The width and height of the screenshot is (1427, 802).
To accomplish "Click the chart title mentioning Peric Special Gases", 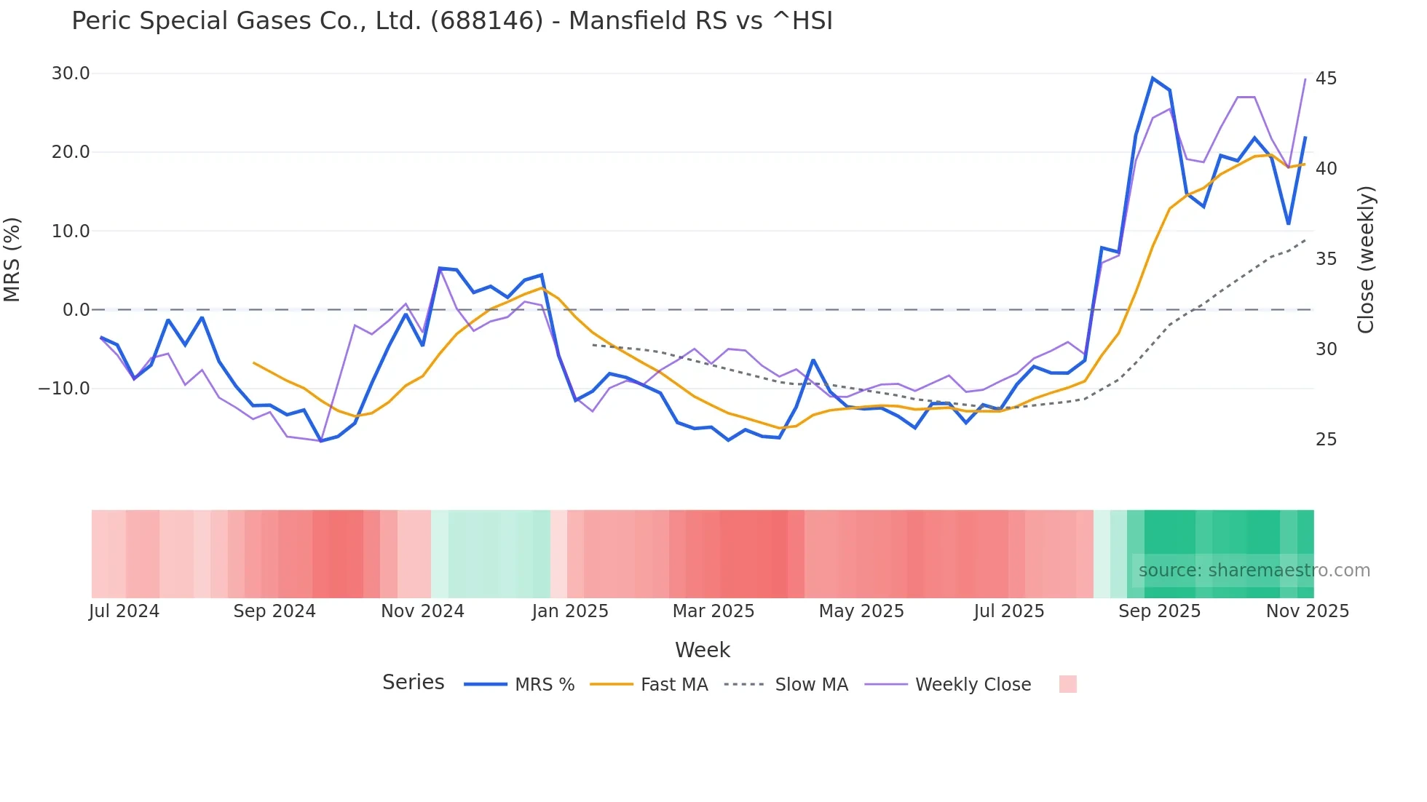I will point(451,21).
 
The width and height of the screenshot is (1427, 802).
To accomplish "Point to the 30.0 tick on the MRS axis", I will point(71,74).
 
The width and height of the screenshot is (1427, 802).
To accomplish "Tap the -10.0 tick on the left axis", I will point(64,389).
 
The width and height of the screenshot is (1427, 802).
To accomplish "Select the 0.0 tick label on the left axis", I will point(76,310).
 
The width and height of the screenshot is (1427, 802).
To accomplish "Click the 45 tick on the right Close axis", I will point(1326,79).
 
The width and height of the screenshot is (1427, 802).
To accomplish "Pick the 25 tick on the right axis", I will point(1326,440).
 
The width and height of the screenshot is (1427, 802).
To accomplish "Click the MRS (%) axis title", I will point(12,260).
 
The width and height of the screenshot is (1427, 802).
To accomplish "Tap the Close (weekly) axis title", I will point(1366,260).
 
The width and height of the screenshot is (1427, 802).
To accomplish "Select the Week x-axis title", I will point(702,650).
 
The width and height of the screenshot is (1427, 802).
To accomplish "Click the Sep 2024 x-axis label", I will point(274,611).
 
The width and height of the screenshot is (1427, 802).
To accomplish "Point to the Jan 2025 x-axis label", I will point(570,611).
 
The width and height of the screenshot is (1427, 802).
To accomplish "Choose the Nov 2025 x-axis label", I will point(1307,611).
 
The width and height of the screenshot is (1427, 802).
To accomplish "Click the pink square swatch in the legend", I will point(1067,684).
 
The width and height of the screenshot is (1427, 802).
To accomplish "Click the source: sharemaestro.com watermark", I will point(1254,571).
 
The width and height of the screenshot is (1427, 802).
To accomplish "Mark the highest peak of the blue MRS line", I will point(1153,78).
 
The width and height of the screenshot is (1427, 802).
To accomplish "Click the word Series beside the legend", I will point(413,683).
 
